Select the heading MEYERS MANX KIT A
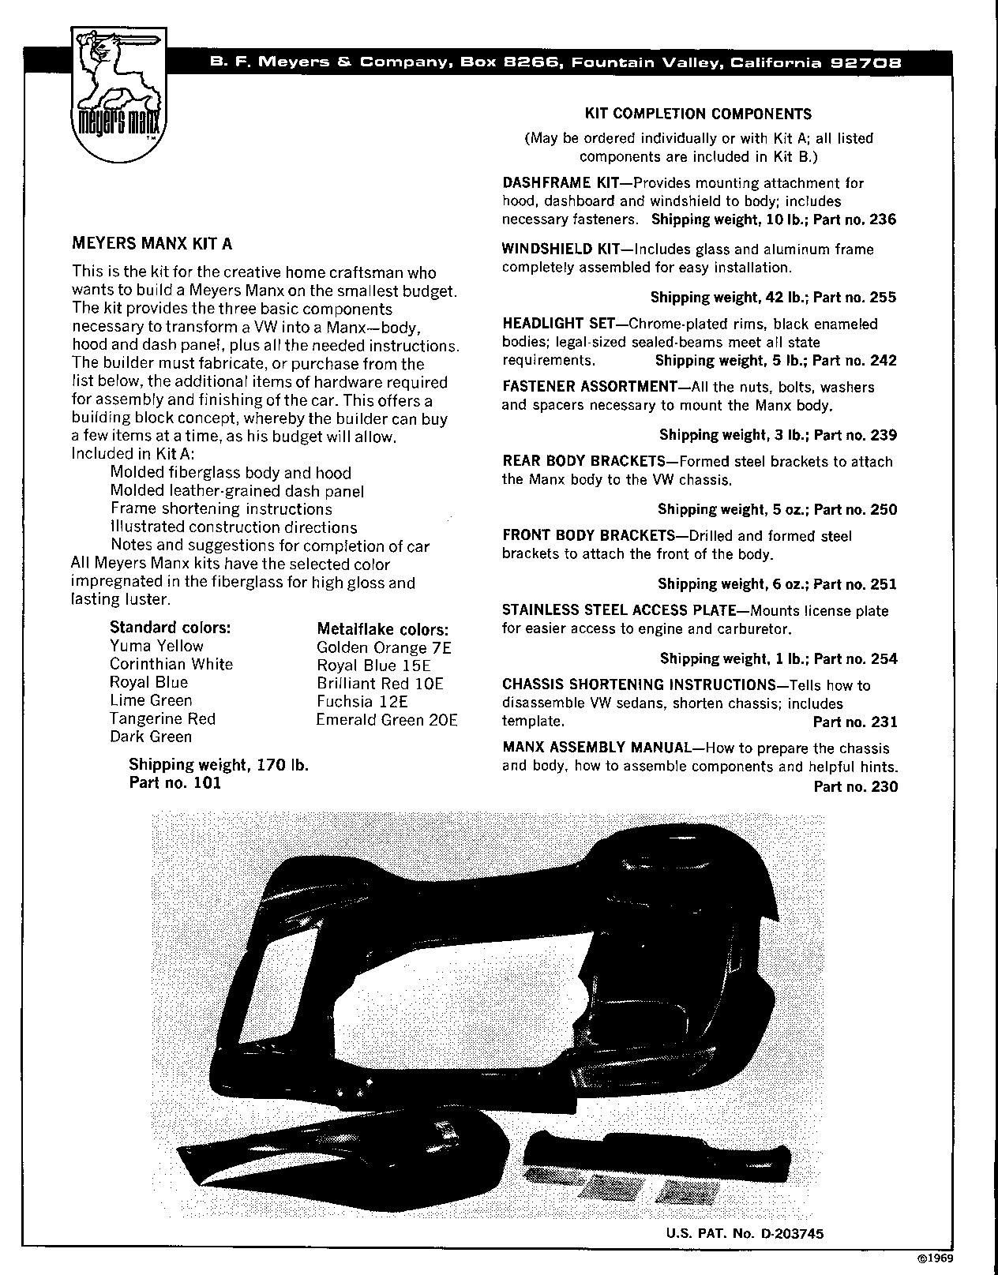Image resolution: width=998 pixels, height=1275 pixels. (152, 244)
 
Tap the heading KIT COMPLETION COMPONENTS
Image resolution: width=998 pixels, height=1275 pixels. (698, 114)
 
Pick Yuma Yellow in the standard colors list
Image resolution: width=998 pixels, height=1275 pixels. (156, 646)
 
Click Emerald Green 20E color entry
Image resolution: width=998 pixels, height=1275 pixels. (387, 719)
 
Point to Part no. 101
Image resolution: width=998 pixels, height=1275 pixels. (174, 782)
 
